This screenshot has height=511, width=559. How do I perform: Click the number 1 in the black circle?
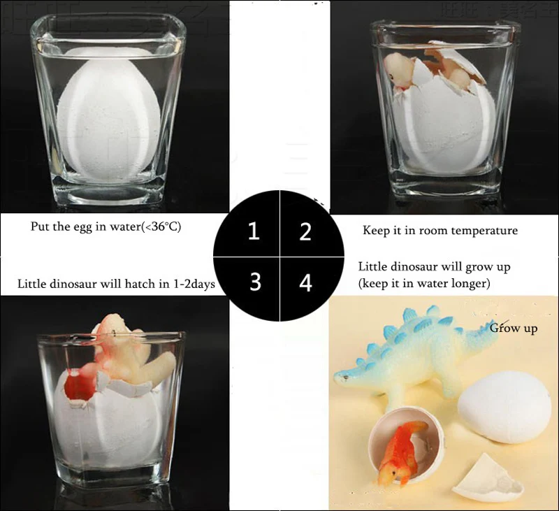point(254,231)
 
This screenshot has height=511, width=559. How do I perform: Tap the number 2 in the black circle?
point(305,231)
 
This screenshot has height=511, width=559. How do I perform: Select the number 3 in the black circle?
point(255,282)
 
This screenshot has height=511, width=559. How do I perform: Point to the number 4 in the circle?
point(305,283)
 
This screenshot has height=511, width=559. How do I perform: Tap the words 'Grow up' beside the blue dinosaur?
point(514,328)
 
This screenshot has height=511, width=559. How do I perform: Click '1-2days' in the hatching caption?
point(192,285)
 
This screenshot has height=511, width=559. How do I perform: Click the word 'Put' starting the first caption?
point(40,227)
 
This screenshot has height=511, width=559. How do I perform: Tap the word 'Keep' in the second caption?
point(376,231)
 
